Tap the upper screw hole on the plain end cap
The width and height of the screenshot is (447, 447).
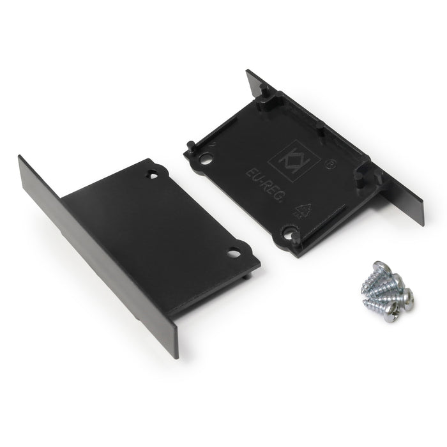tap(153, 173)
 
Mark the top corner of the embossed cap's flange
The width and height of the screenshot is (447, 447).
tap(248, 71)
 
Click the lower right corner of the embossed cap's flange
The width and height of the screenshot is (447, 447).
tap(422, 223)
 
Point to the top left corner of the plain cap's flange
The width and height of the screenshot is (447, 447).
tap(20, 156)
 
